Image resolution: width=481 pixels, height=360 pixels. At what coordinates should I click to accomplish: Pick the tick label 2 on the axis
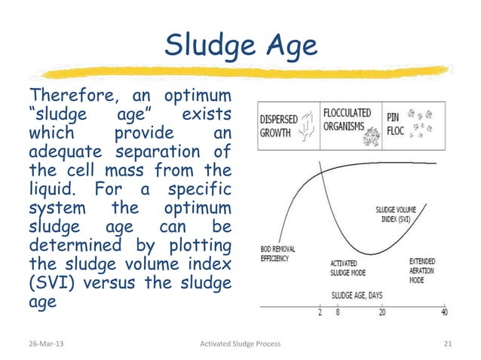(320, 313)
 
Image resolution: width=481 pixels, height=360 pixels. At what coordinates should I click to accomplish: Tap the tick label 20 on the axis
(382, 313)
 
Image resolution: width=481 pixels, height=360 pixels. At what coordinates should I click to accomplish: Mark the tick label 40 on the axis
(445, 313)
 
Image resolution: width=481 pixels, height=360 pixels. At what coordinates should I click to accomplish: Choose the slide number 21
(448, 344)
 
